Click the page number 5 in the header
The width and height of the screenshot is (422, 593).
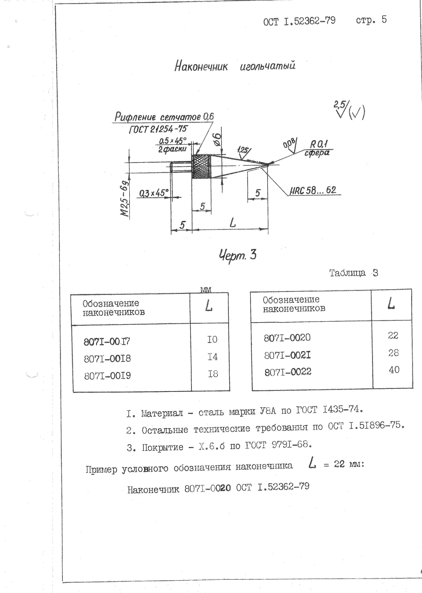click(x=384, y=20)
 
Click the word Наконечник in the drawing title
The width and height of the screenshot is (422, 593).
click(x=201, y=66)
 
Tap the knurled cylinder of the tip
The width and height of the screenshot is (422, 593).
click(x=201, y=166)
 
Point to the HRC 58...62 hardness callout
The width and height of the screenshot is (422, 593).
click(x=313, y=190)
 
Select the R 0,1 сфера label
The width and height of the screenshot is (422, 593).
click(x=318, y=148)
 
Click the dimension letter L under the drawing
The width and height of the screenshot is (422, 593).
click(x=233, y=223)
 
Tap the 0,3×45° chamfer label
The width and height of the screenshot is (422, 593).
click(x=154, y=193)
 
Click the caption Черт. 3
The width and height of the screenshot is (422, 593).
click(x=238, y=255)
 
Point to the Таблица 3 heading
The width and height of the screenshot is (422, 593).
click(x=353, y=273)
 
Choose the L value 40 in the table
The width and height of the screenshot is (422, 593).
click(x=394, y=369)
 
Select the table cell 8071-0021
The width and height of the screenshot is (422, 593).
click(x=287, y=355)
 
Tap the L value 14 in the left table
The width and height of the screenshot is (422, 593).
click(x=212, y=357)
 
